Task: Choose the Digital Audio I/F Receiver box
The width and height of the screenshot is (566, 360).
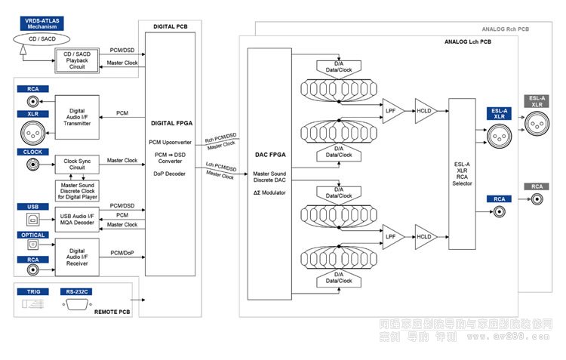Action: click(x=78, y=257)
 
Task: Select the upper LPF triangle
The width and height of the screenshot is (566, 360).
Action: click(x=392, y=111)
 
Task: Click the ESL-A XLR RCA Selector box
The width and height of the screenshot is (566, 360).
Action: click(x=462, y=174)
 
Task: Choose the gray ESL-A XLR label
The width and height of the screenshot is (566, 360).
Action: click(x=537, y=101)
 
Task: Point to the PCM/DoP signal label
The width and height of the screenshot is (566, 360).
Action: click(x=123, y=251)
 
